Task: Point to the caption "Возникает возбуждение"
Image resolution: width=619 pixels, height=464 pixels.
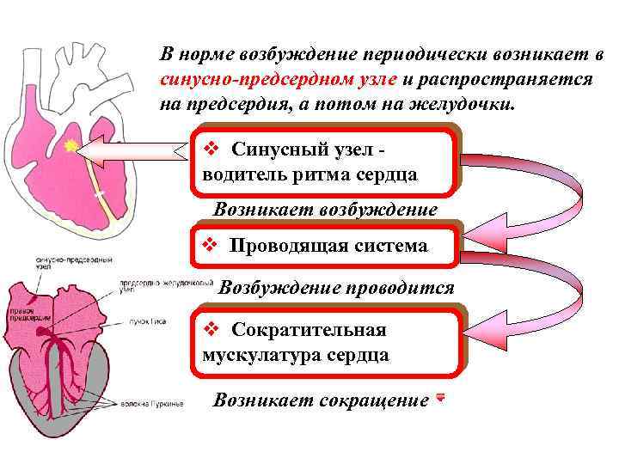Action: click(325, 210)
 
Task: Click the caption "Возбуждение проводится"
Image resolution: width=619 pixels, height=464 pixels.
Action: click(336, 288)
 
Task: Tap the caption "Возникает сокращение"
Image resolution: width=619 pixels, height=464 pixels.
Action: click(321, 400)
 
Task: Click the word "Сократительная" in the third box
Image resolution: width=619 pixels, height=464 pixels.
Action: click(309, 330)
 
